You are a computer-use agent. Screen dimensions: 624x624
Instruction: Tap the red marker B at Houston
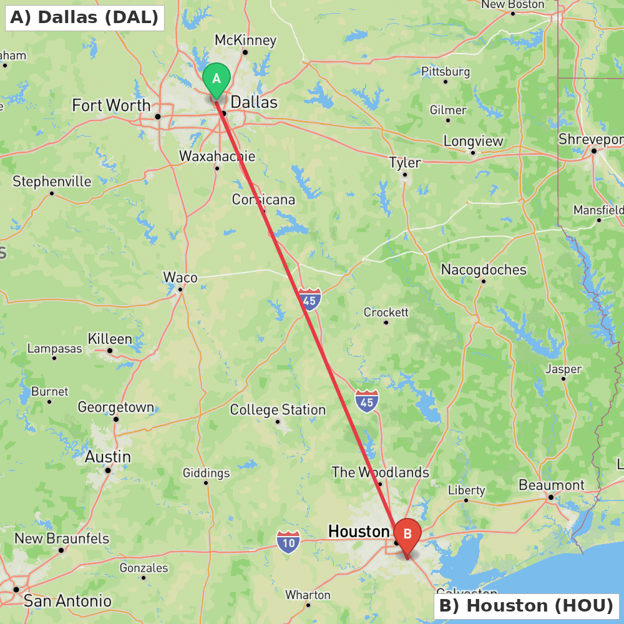(407, 535)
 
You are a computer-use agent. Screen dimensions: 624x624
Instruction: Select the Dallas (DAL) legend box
(84, 17)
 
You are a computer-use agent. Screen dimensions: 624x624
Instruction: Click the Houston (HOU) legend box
(526, 605)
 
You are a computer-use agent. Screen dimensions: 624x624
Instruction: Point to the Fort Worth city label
(111, 105)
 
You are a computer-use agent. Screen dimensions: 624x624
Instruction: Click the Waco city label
(180, 278)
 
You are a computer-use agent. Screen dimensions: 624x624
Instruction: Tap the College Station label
(278, 410)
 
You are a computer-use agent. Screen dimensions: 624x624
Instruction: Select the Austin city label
(108, 457)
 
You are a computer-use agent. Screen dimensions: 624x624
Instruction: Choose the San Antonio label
(67, 601)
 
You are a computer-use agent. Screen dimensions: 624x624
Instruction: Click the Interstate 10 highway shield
(288, 542)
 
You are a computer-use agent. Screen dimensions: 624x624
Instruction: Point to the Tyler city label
(405, 163)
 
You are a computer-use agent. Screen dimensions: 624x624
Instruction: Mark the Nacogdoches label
(484, 270)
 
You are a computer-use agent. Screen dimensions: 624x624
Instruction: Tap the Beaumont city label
(552, 485)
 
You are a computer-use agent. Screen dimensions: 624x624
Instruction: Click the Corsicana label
(263, 200)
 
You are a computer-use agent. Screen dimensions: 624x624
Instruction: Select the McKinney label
(245, 41)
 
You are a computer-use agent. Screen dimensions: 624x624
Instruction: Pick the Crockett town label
(386, 312)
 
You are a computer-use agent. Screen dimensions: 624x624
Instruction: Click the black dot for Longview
(473, 152)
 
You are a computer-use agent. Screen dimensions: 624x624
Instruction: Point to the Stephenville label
(52, 182)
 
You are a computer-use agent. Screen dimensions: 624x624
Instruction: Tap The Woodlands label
(380, 472)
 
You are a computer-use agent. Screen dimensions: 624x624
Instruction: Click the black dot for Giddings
(206, 482)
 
